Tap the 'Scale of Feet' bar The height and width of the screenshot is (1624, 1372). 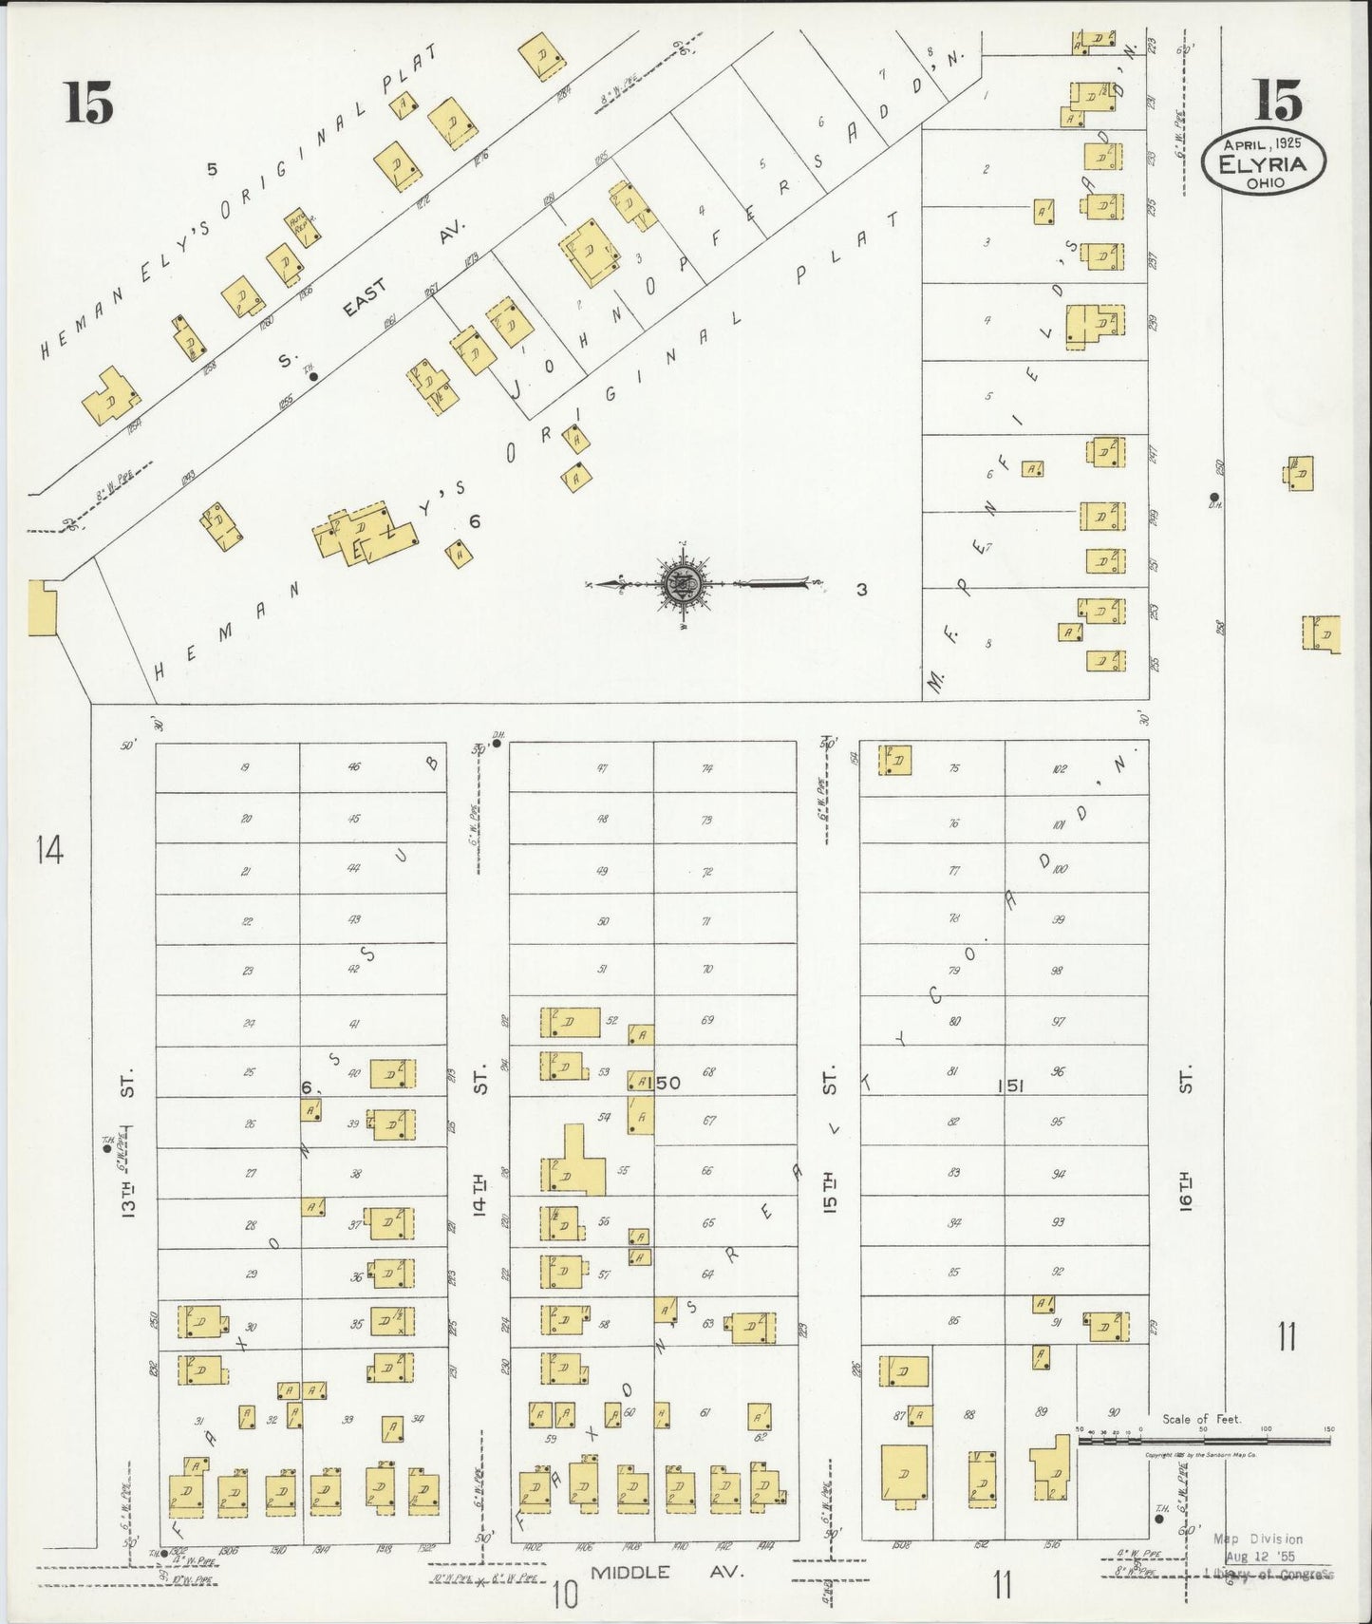tap(1203, 1441)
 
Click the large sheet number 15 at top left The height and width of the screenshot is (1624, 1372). tap(89, 103)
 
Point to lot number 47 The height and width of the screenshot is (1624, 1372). tap(602, 768)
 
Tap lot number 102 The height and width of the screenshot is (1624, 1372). tap(1060, 768)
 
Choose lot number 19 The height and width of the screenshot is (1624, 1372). tap(245, 767)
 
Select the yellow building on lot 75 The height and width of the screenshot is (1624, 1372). tap(896, 761)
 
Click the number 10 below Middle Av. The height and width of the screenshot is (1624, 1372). tap(565, 1596)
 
